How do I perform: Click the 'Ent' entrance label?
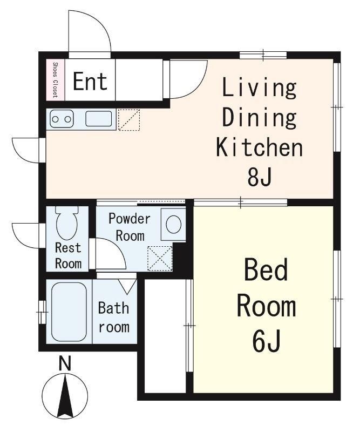(90, 81)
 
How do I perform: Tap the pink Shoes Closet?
(56, 80)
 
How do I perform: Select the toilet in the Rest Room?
(67, 222)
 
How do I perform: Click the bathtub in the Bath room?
(69, 312)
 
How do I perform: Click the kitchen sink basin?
(99, 119)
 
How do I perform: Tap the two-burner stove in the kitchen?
(62, 119)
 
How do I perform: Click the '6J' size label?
(266, 341)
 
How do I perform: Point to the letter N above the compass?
(65, 363)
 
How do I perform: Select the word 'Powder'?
(130, 219)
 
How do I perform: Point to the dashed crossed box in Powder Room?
(160, 259)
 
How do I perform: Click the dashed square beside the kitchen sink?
(129, 119)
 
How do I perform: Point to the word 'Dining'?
(259, 118)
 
